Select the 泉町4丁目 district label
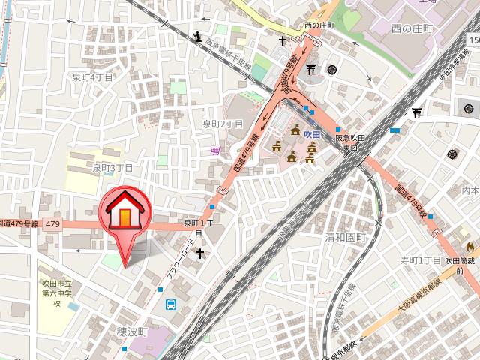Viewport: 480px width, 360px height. point(92,76)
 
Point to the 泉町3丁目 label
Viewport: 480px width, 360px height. point(112,168)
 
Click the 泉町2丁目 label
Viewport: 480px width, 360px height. point(223,124)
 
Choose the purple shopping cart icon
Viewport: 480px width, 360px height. point(216,150)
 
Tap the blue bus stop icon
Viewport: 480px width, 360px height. point(171,304)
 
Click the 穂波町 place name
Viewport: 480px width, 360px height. point(134,331)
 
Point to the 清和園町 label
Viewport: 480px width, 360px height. point(343,237)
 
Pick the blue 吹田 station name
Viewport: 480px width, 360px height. point(312,131)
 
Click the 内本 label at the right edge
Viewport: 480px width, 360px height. point(470,191)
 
